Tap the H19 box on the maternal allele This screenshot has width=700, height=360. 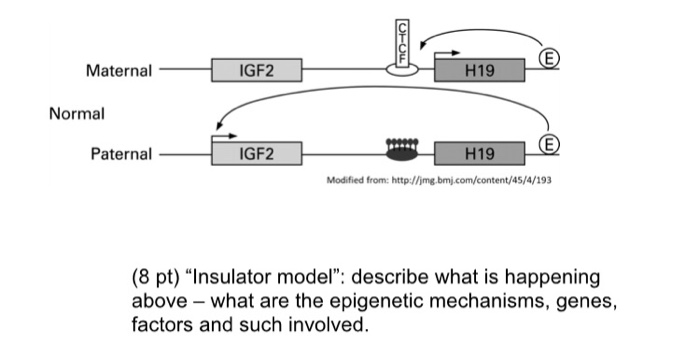pos(479,71)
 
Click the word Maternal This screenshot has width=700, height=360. pos(119,71)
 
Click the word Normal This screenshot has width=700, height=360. pos(77,113)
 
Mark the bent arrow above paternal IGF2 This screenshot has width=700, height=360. pos(224,133)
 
